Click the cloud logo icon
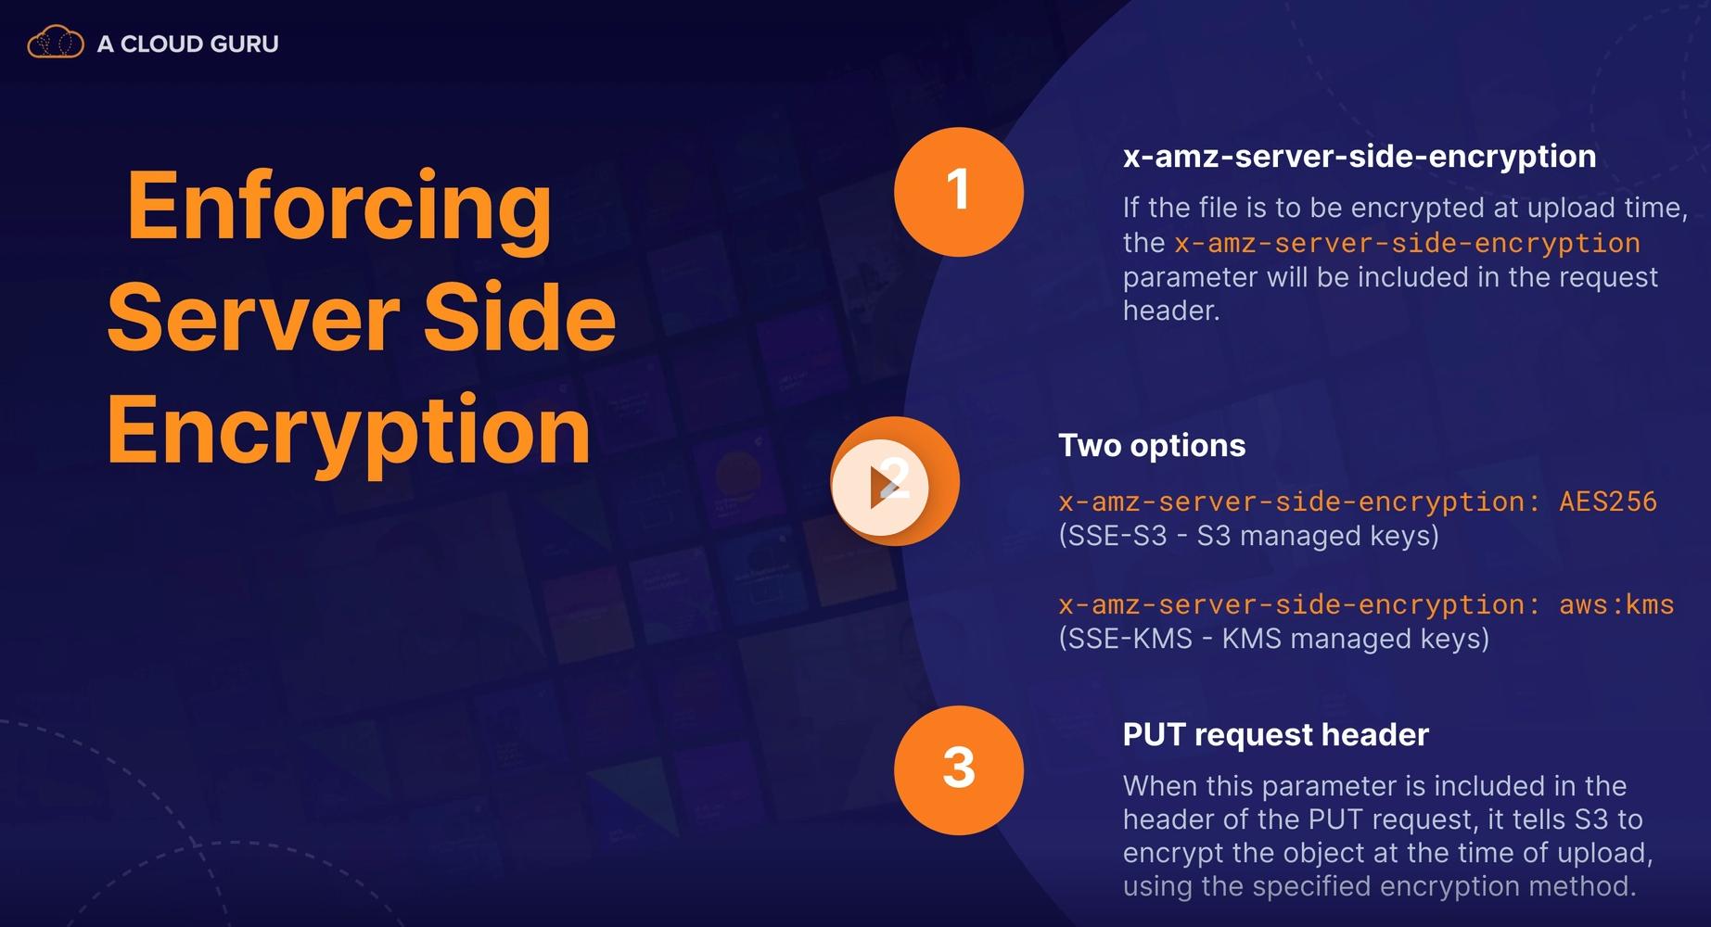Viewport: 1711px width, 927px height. (x=56, y=43)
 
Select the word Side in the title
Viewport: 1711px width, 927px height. (x=520, y=317)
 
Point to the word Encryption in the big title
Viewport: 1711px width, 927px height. (x=349, y=430)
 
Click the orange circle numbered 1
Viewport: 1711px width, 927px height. (x=958, y=191)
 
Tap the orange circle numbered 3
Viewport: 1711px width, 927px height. (x=958, y=769)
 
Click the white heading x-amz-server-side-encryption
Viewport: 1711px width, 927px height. (x=1359, y=156)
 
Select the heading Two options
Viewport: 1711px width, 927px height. (x=1152, y=445)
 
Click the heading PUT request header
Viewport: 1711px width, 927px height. (x=1275, y=734)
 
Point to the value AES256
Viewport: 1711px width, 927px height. (x=1607, y=502)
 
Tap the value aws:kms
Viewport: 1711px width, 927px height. (x=1616, y=604)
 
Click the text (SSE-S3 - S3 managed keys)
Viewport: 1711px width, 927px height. (x=1248, y=536)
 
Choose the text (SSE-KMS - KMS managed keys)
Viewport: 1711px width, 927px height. (x=1273, y=639)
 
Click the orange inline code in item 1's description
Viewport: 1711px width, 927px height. (x=1407, y=243)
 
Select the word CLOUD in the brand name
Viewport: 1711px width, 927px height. (x=162, y=44)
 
